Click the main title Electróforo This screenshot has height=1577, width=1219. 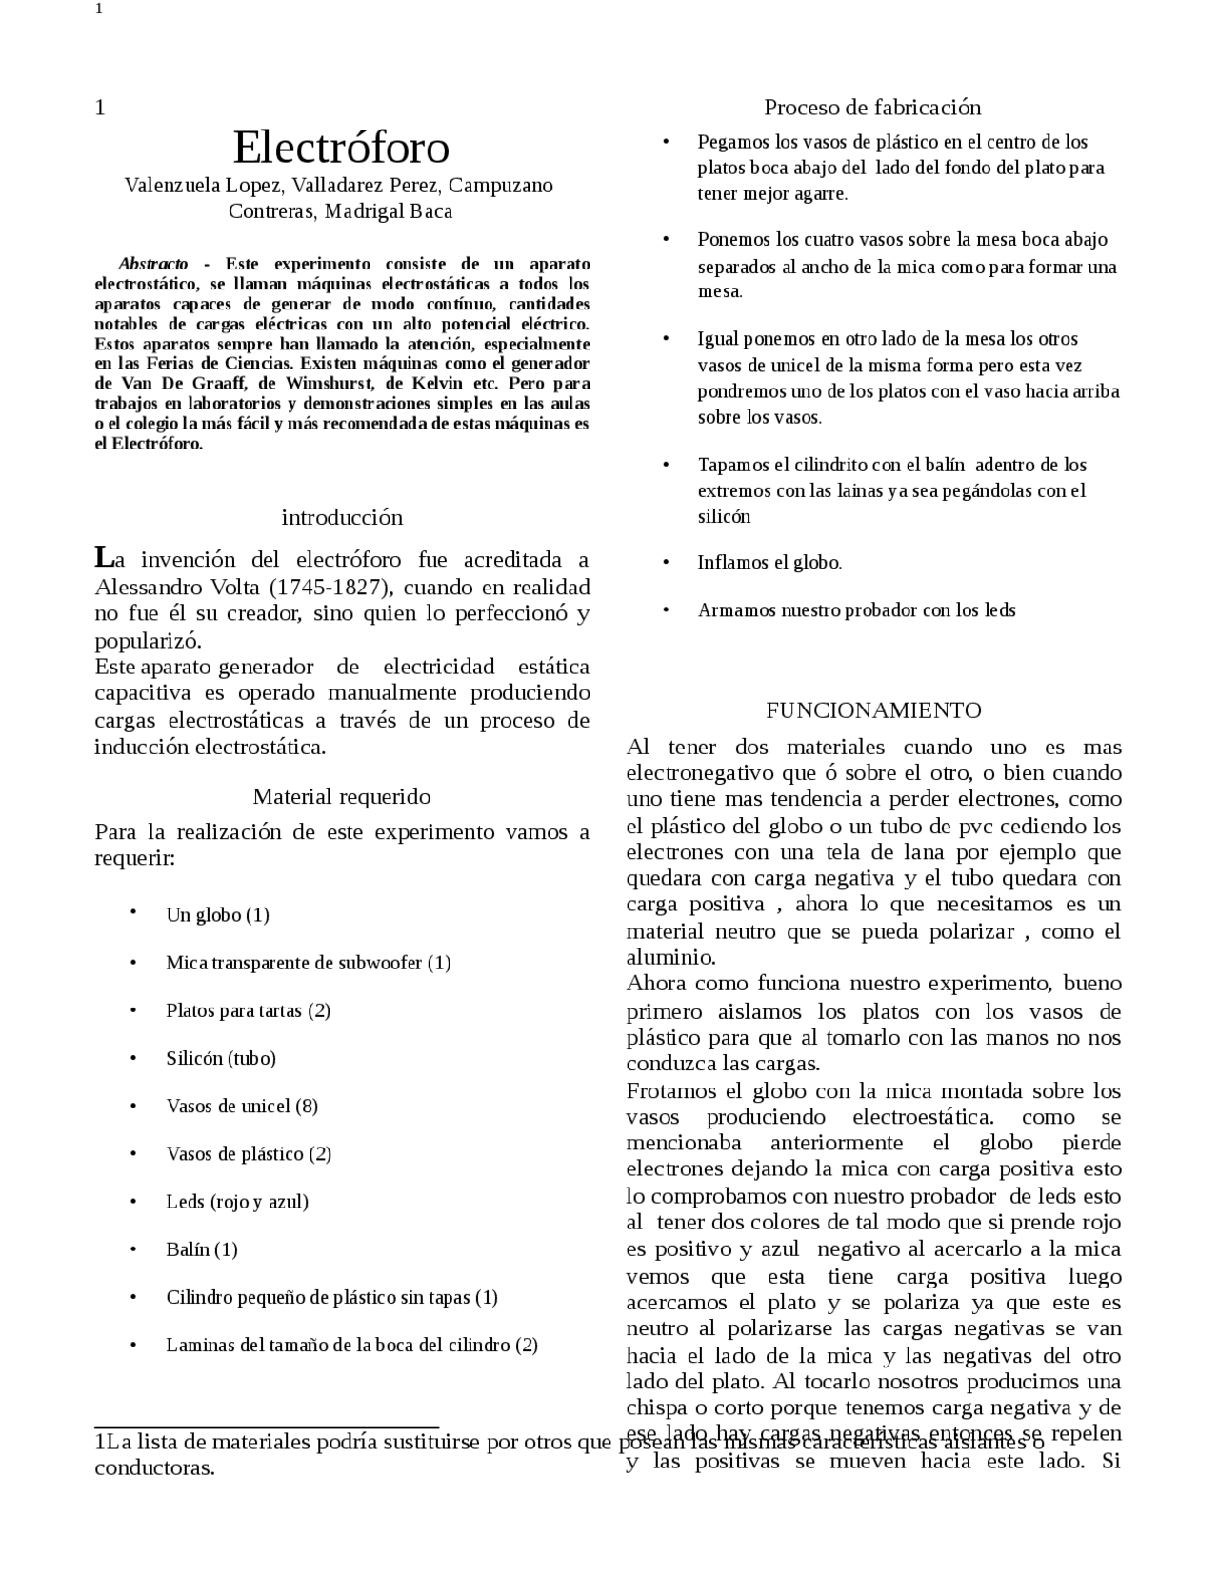341,148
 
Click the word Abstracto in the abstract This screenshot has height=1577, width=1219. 152,264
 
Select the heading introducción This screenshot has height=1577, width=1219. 342,517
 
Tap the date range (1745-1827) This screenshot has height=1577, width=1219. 327,587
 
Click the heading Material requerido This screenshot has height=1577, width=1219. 341,796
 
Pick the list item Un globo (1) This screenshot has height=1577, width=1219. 217,915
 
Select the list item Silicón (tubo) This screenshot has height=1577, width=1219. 220,1058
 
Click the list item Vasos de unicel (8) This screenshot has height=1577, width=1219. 242,1106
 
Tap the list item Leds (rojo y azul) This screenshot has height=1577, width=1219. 237,1202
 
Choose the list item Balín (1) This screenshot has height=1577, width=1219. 201,1249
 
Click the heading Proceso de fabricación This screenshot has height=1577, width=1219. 872,107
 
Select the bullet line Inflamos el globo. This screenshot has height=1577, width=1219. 769,563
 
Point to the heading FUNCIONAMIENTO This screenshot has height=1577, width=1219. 873,710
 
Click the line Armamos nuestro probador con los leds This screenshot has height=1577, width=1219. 856,610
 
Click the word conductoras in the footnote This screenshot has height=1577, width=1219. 154,1467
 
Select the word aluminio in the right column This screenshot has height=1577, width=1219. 669,957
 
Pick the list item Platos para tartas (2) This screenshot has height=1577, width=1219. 248,1010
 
